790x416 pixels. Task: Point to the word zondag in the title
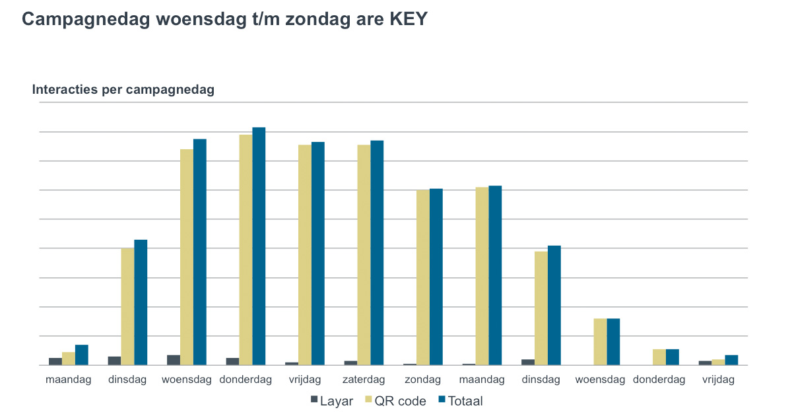click(315, 19)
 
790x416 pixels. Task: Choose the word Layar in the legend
click(336, 401)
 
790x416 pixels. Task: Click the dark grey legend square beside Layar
click(314, 400)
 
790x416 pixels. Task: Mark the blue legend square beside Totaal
click(443, 400)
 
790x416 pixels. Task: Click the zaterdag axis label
click(364, 380)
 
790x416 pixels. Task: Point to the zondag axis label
click(423, 380)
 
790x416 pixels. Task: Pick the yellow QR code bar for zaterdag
click(364, 255)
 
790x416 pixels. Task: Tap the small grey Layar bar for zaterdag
click(350, 363)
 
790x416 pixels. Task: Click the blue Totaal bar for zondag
click(436, 277)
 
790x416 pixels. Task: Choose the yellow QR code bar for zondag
click(423, 277)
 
